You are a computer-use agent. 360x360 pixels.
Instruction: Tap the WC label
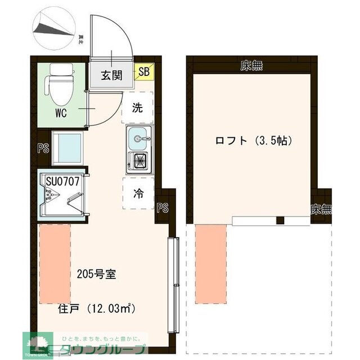click(61, 113)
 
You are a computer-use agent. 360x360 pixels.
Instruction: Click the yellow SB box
click(144, 71)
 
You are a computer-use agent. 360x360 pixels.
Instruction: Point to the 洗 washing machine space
click(138, 108)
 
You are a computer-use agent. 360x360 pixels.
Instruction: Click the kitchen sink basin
click(138, 137)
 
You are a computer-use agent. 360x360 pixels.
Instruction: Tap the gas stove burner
click(138, 161)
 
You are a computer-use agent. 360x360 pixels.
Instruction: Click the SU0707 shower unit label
click(66, 181)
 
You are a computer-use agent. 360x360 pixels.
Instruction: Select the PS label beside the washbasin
click(42, 148)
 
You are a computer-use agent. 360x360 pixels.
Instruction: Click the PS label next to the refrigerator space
click(163, 208)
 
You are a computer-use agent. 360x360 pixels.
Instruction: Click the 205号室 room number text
click(96, 275)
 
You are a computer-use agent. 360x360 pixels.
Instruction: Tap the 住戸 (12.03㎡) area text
click(97, 309)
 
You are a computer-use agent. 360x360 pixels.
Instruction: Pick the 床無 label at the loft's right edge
click(321, 210)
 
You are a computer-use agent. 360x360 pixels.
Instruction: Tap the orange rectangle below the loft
click(210, 261)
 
